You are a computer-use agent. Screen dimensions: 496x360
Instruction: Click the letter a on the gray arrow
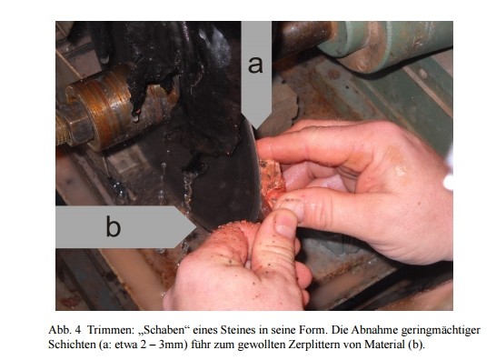[255, 65]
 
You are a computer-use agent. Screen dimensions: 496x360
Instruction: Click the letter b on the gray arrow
[114, 225]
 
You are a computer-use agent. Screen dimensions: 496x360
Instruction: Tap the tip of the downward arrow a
[256, 129]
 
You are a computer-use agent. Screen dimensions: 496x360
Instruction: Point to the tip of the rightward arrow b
[197, 226]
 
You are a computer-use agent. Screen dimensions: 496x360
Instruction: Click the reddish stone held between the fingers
[272, 184]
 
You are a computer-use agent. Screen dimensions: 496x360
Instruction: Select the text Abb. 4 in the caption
[64, 330]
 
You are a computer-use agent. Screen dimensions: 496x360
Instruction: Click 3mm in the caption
[172, 345]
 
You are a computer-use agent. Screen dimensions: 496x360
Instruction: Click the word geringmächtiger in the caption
[441, 331]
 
